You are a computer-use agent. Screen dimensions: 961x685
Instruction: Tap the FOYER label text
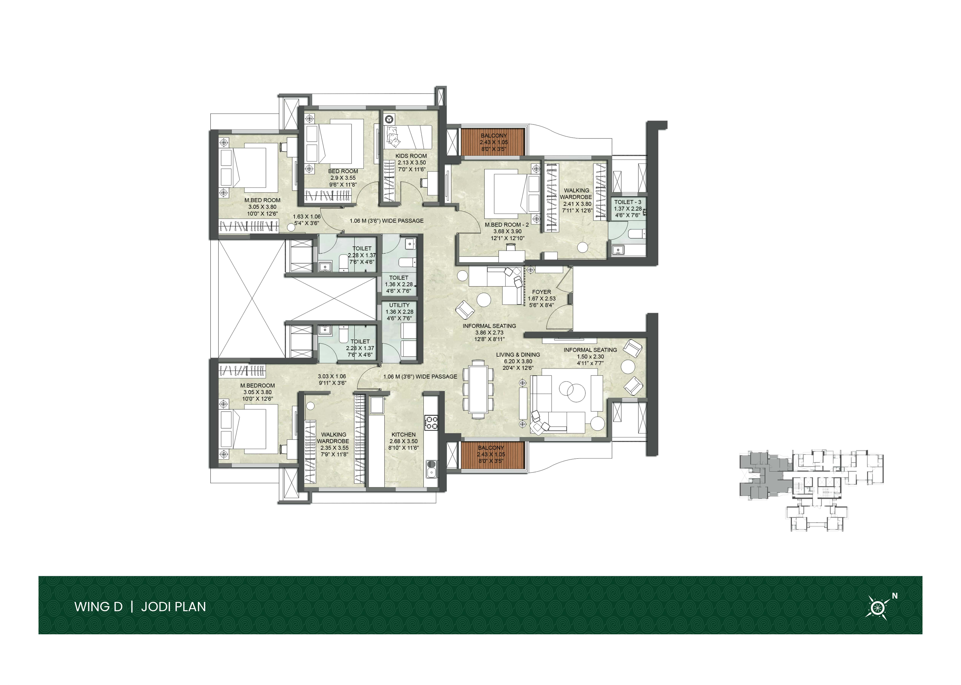point(541,292)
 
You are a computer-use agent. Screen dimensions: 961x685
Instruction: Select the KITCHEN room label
point(404,435)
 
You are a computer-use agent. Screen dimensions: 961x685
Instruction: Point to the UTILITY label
point(399,305)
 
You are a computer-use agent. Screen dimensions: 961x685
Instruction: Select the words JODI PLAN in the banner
point(173,607)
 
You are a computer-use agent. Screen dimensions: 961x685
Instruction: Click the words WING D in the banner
point(99,607)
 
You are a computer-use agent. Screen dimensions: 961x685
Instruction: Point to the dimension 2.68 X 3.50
point(404,441)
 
